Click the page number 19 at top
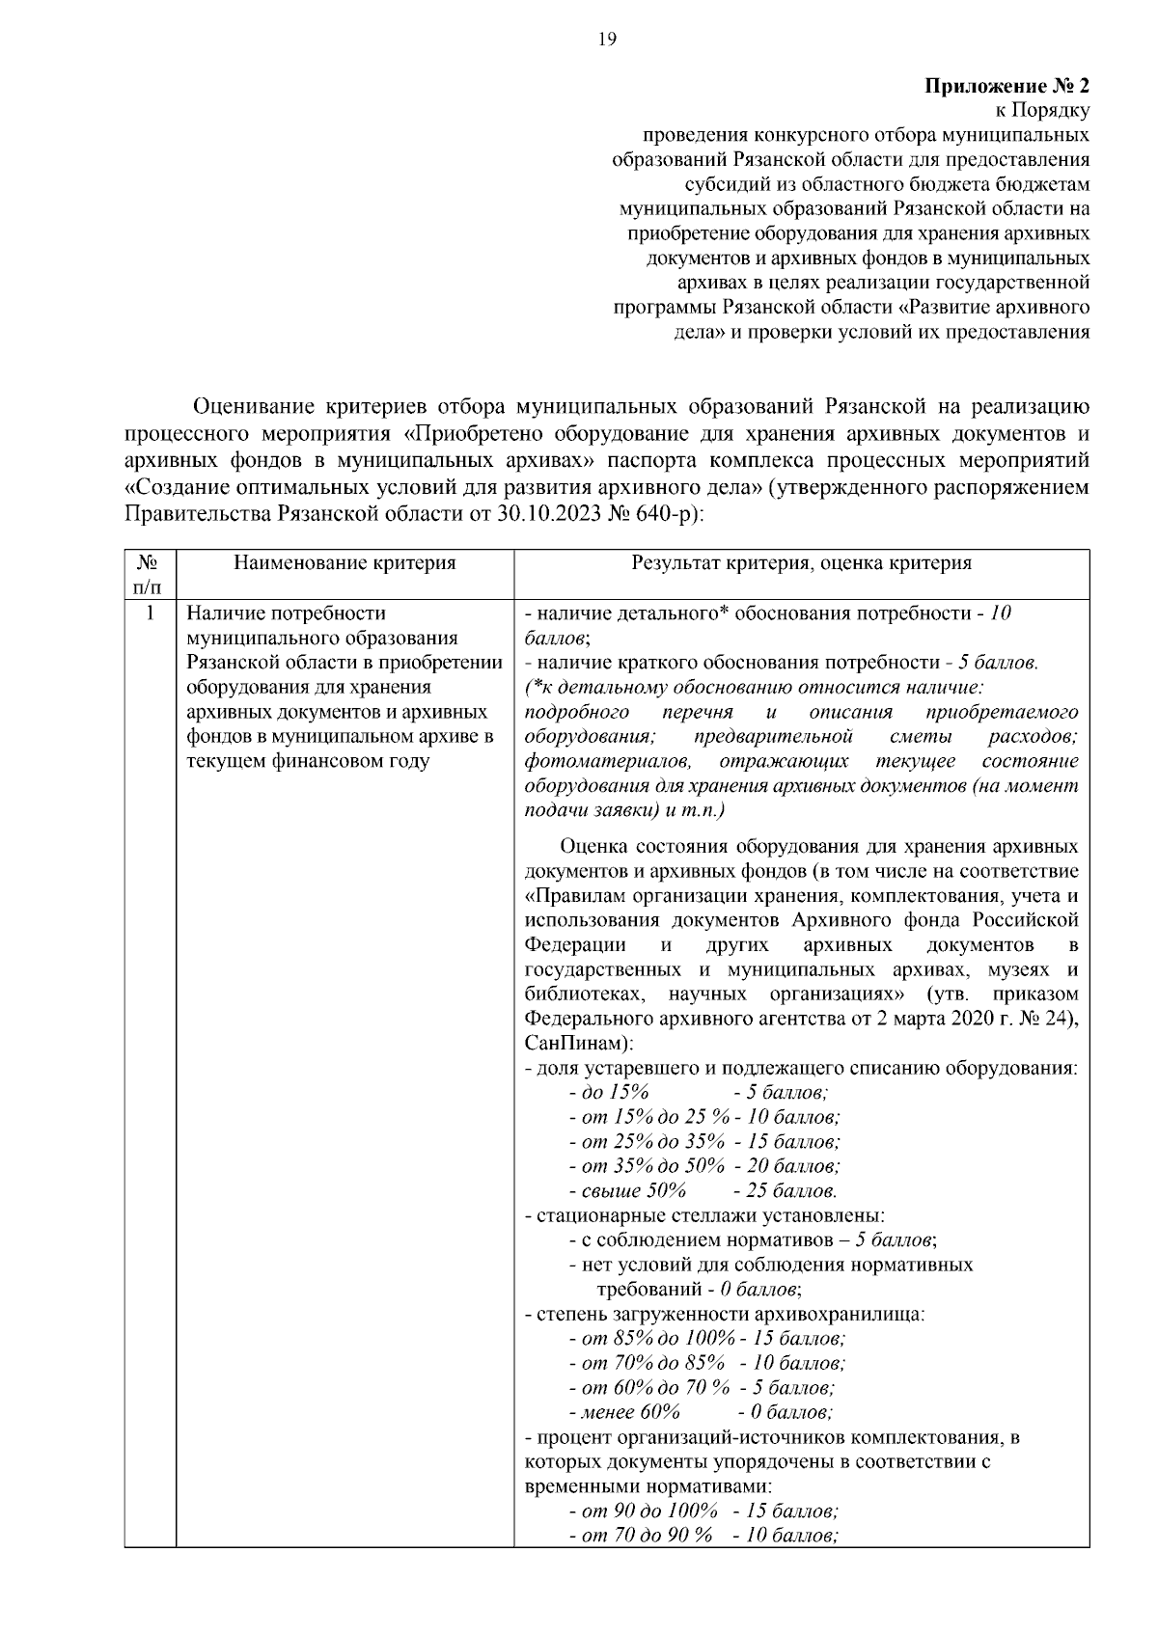pos(607,40)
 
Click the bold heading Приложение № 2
pos(1007,86)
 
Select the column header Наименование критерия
pos(345,563)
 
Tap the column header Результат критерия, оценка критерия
pos(801,563)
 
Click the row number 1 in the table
pos(150,613)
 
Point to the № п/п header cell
pos(150,574)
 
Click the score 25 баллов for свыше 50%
pos(786,1190)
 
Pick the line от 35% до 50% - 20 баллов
pos(704,1166)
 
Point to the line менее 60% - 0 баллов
pos(701,1412)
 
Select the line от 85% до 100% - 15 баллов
pos(707,1339)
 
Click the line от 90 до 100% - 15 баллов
pos(703,1511)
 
